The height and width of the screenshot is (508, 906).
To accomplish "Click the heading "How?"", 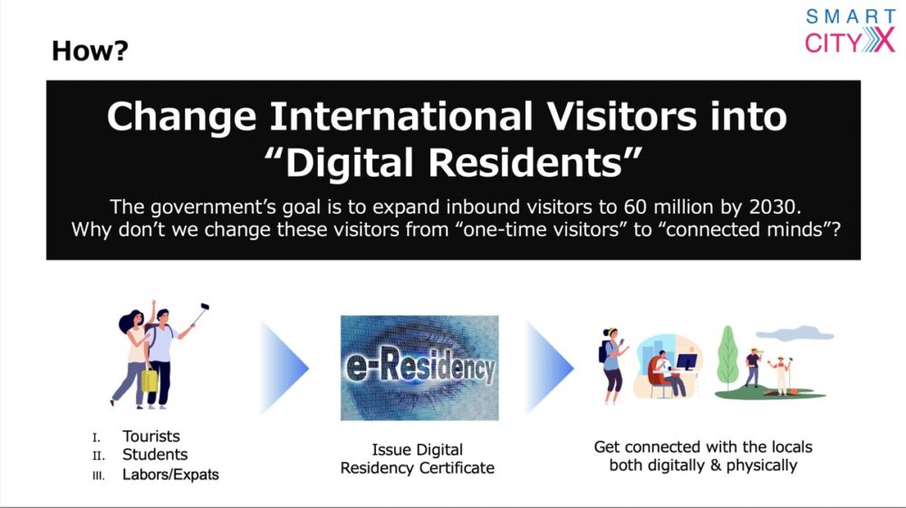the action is coord(90,51).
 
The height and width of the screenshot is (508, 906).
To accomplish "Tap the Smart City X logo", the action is coord(850,31).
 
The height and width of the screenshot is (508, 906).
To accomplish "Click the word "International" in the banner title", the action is coord(401,117).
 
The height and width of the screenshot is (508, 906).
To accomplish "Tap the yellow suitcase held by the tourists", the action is coord(149,380).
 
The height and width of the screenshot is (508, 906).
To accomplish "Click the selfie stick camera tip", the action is coord(204,307).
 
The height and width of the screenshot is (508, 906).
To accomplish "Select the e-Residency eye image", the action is coord(419,368).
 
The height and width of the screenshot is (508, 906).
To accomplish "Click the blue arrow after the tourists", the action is coord(284,368).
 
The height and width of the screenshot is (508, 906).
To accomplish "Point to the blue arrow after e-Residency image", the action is coord(549,368).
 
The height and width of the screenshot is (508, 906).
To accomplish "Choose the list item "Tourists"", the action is coord(150,436).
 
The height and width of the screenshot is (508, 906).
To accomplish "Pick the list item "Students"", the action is coord(155,455).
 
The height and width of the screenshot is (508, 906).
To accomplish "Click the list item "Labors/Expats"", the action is coord(170,474).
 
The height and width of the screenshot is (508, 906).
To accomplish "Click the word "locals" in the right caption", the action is coord(790,446).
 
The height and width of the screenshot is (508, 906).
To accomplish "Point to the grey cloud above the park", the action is coord(795,333).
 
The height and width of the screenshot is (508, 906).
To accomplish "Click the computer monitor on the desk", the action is coord(687,362).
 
